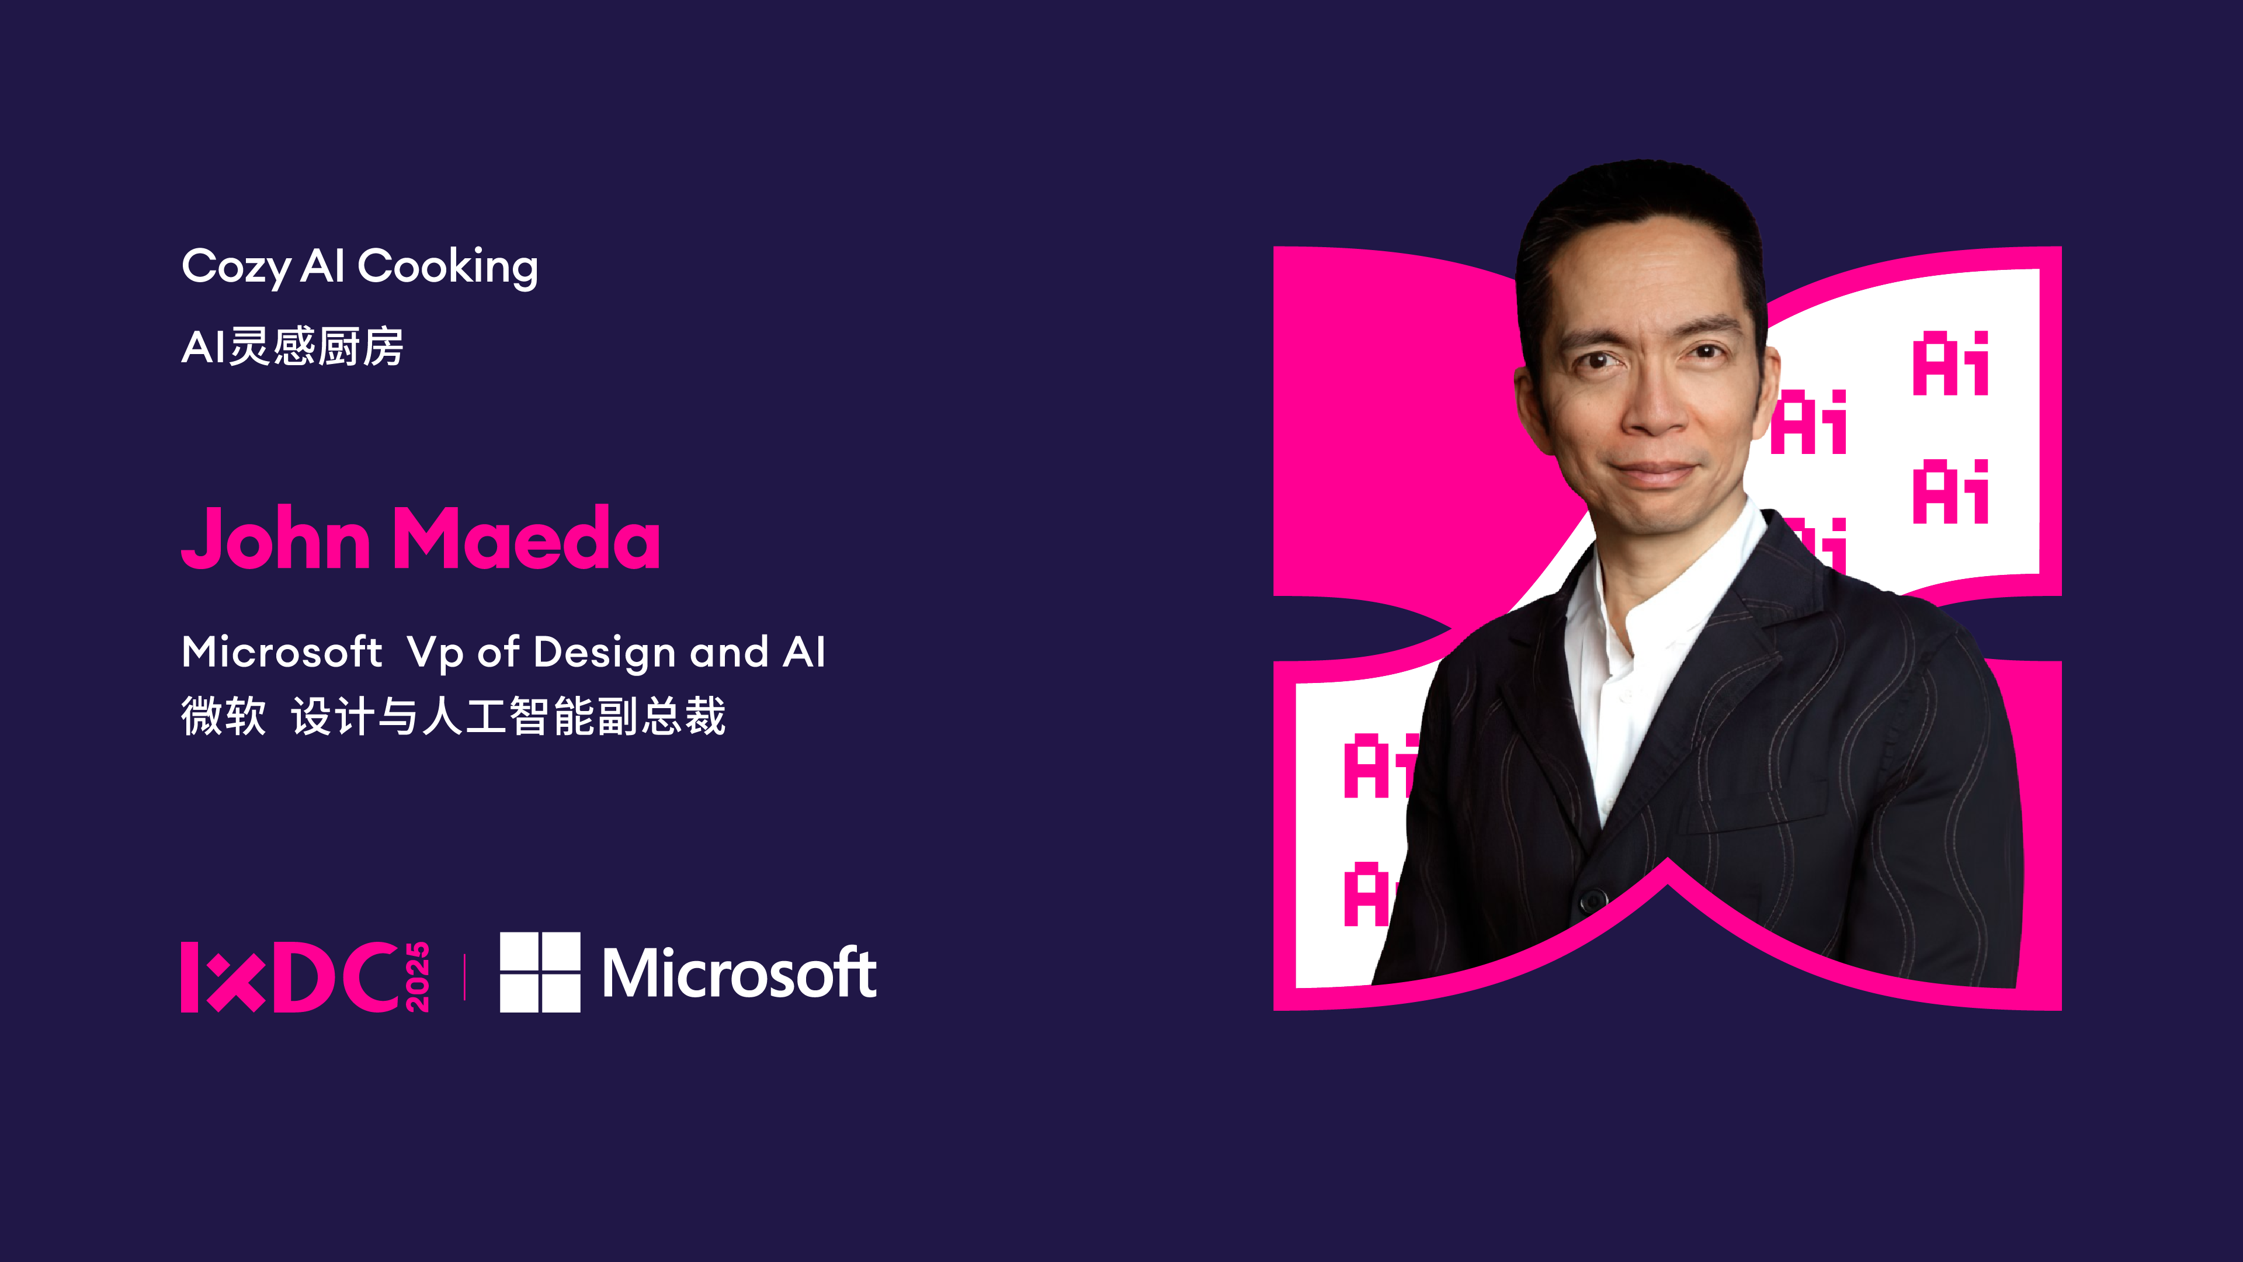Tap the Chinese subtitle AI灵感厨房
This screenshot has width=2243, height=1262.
[x=293, y=346]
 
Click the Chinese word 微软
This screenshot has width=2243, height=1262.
[x=224, y=716]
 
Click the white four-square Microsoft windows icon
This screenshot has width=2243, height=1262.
[x=540, y=972]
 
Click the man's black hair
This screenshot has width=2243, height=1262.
[x=1641, y=209]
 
